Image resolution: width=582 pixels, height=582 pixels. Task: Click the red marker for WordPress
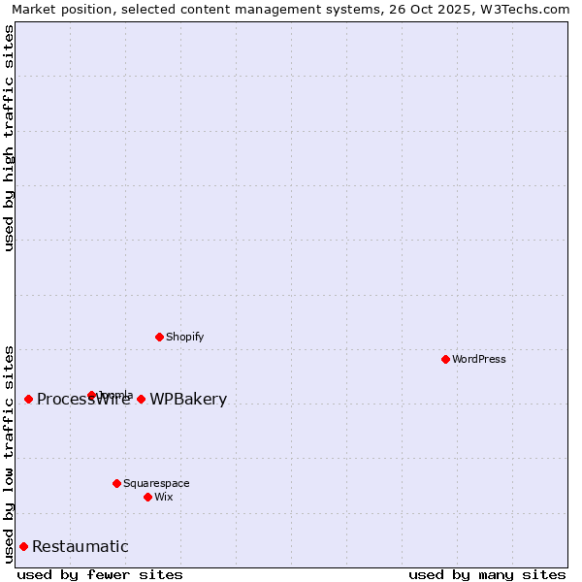click(445, 359)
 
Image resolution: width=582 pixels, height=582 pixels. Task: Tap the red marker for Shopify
click(159, 337)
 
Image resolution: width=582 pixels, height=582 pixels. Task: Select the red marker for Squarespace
click(116, 483)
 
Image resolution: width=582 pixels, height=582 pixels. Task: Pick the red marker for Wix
click(147, 497)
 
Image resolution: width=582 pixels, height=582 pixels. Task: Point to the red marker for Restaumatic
click(23, 546)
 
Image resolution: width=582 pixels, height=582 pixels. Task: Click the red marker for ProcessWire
click(28, 399)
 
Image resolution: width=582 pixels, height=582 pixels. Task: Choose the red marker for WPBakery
click(141, 399)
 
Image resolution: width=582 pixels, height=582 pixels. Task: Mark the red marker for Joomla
click(91, 395)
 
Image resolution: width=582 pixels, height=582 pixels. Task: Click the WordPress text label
click(479, 360)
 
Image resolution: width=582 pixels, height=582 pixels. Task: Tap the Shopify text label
click(184, 338)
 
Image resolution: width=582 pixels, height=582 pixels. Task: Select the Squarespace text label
click(156, 484)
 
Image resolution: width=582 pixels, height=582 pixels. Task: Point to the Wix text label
click(164, 498)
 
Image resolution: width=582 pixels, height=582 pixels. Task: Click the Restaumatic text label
click(81, 547)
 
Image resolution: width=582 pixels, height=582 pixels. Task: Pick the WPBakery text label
click(188, 400)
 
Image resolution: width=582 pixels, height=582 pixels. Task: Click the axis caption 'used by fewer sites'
click(100, 574)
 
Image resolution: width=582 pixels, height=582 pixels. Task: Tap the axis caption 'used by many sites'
click(487, 574)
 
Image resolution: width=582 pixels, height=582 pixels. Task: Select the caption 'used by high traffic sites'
click(9, 139)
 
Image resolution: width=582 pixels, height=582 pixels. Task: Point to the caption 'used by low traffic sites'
click(9, 453)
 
